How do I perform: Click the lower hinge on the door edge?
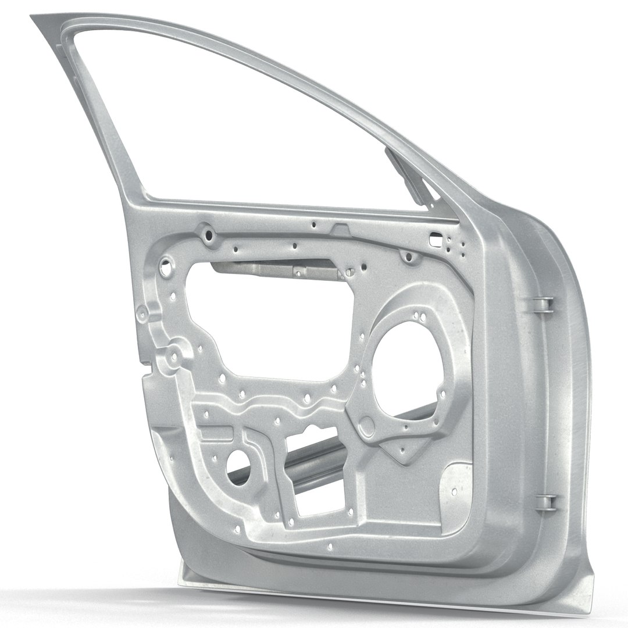coord(542,500)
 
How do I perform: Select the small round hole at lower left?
coord(241,468)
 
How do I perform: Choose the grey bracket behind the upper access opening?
coord(273,269)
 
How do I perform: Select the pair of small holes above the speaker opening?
coord(418,316)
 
